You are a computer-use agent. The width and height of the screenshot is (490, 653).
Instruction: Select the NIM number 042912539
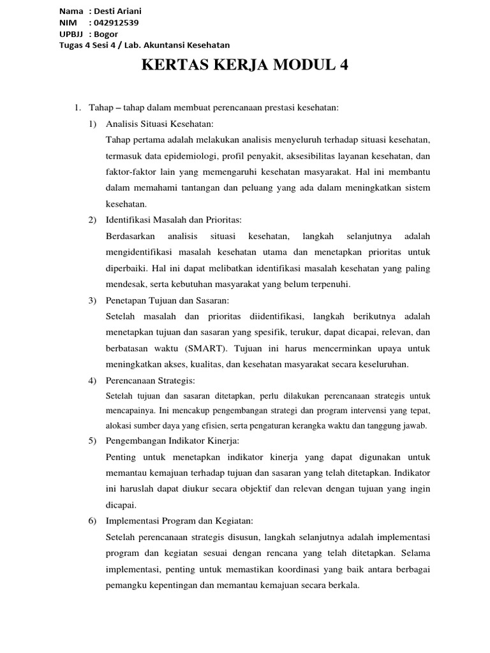(114, 23)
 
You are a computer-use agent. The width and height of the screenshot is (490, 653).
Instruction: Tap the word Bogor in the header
(105, 34)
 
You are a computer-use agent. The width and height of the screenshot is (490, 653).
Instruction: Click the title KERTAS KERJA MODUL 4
(244, 66)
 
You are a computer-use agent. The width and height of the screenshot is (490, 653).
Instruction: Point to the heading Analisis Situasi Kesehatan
(160, 123)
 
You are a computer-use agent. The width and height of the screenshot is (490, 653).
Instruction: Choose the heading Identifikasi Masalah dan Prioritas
(174, 220)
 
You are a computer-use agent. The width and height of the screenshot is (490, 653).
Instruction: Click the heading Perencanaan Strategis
(150, 381)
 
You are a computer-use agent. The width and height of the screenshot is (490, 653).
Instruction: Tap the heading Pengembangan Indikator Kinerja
(172, 440)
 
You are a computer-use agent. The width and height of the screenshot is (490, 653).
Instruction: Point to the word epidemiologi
(200, 156)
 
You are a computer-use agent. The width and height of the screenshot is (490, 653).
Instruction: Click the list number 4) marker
(93, 381)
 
